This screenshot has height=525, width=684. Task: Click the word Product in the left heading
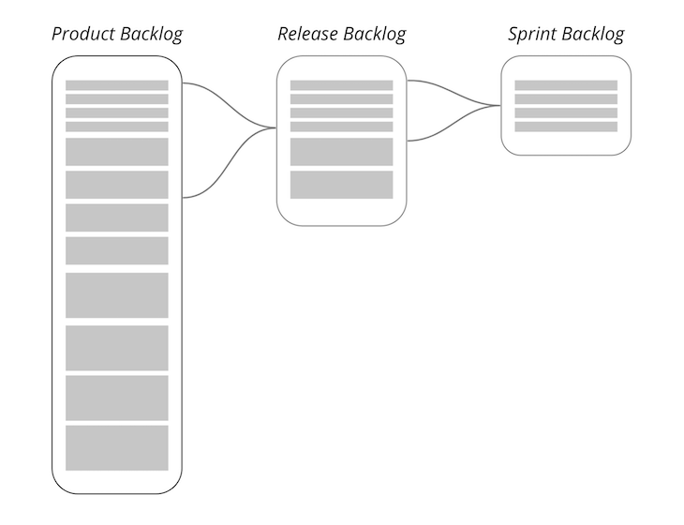[x=83, y=35]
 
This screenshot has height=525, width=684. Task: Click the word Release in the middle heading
[x=307, y=35]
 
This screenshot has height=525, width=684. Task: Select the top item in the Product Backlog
[x=116, y=85]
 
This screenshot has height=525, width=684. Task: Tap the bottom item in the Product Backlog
[x=116, y=448]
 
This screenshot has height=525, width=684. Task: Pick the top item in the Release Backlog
[x=341, y=85]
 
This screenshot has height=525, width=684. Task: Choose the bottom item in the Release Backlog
[x=341, y=185]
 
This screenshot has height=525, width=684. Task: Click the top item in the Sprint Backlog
[x=566, y=85]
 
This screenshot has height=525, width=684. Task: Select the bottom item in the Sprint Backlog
[x=566, y=127]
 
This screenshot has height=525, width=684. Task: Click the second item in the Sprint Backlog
[x=566, y=98]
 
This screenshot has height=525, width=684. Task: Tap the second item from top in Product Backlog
[x=116, y=98]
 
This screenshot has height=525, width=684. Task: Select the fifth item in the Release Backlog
[x=341, y=152]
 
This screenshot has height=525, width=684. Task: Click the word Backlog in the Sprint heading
[x=595, y=35]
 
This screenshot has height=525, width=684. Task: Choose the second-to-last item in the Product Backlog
[x=116, y=397]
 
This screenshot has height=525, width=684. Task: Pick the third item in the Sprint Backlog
[x=566, y=112]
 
